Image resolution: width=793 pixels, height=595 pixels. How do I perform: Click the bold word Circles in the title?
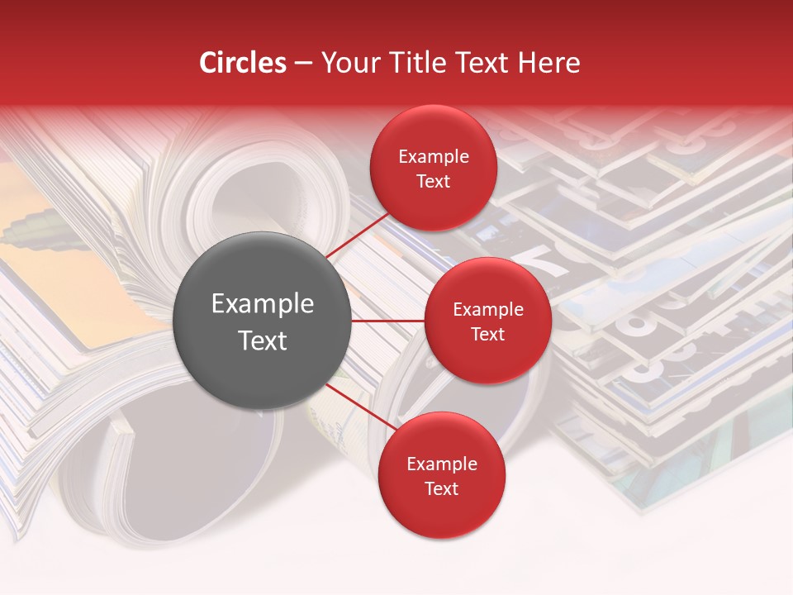pos(243,63)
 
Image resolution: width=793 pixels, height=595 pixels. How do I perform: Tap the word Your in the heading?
pos(345,63)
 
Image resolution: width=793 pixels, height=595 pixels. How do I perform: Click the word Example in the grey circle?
pos(263,304)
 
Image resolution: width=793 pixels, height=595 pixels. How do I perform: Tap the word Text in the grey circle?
pos(263,340)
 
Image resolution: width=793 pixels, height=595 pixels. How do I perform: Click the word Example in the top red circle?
pos(434,156)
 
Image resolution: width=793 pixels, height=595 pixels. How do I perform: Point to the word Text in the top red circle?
pos(434,181)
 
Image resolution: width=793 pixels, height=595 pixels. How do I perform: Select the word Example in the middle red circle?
pos(488,309)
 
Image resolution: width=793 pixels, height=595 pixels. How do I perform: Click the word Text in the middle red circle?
pos(488,334)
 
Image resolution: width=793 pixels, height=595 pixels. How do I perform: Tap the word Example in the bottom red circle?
pos(442,464)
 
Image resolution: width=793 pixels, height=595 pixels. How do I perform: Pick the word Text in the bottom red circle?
pos(442,488)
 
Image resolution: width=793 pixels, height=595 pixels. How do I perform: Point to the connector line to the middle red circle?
pos(388,321)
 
